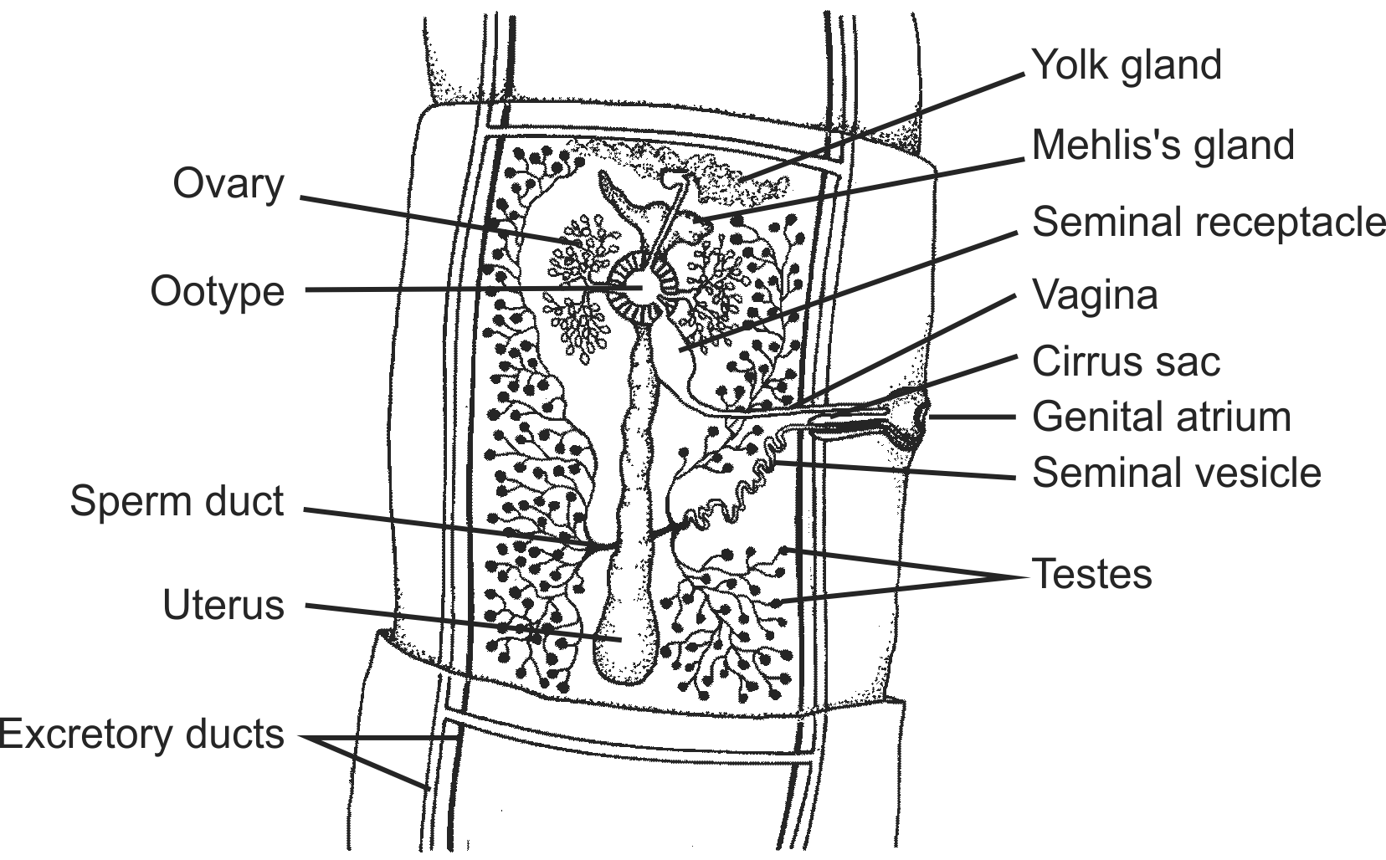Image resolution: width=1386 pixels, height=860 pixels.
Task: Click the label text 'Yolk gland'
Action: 1127,65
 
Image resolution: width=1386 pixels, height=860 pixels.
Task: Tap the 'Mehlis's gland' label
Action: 1163,145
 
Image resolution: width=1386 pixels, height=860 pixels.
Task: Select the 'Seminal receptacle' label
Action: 1208,222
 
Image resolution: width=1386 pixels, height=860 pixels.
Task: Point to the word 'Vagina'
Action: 1095,294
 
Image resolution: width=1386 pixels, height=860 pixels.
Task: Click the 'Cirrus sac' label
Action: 1126,361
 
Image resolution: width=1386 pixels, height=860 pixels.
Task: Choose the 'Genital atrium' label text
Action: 1161,417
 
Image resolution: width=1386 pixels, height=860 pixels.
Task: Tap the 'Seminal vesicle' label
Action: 1176,472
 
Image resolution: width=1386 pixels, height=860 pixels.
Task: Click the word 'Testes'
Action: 1091,574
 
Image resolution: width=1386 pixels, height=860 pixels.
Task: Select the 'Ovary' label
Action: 228,184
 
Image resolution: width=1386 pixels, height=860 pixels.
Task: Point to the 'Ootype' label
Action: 218,291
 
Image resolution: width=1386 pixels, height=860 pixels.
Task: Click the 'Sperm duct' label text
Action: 177,501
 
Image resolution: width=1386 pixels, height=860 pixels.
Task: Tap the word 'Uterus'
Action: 223,605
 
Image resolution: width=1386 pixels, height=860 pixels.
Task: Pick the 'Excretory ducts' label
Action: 142,734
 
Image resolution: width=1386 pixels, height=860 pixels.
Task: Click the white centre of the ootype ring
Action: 641,286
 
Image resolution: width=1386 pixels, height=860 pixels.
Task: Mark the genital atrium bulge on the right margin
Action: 916,416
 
